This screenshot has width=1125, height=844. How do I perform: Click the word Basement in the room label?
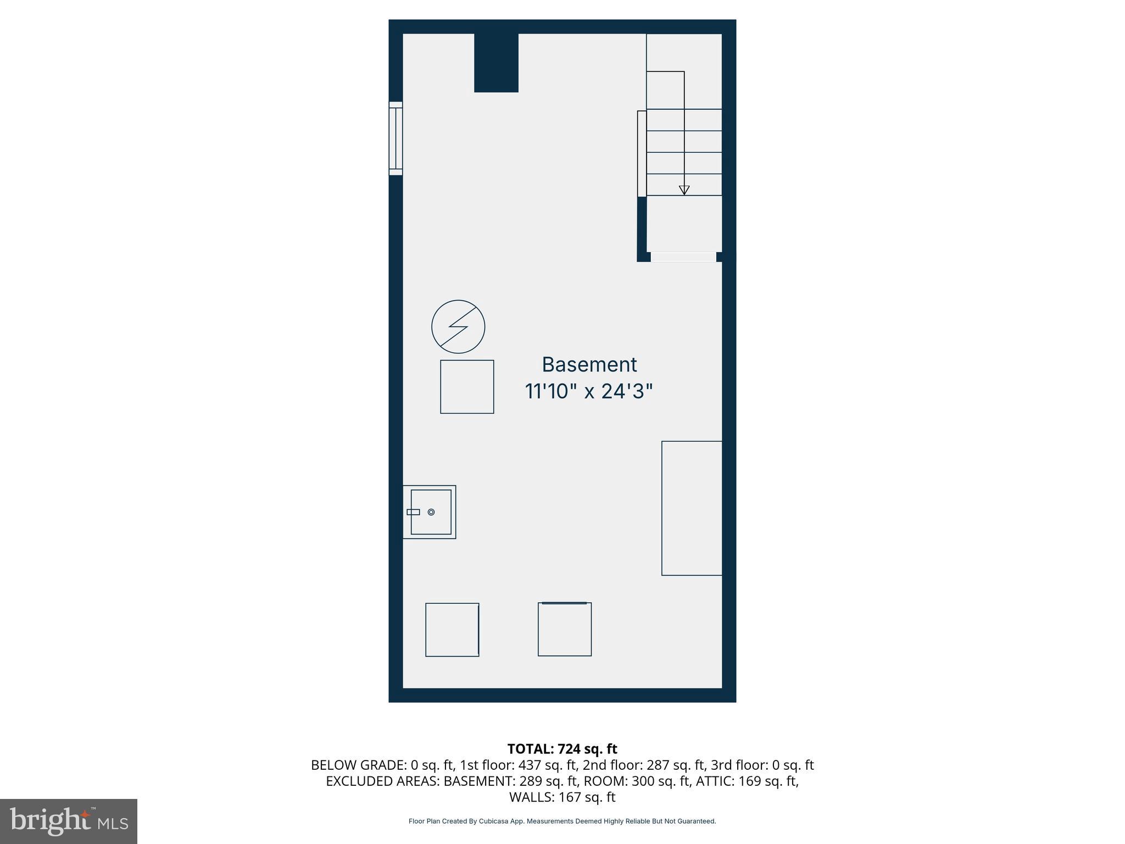(x=589, y=365)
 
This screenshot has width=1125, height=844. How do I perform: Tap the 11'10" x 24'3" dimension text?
(x=589, y=392)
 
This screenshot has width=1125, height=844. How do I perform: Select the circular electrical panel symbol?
(x=458, y=327)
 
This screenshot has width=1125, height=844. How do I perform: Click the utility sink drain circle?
(x=431, y=512)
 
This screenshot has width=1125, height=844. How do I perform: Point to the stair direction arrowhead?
(x=684, y=190)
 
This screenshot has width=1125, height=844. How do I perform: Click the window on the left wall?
(x=396, y=138)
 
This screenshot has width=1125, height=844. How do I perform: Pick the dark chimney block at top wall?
(x=496, y=63)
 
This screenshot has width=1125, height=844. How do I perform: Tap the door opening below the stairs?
(x=683, y=257)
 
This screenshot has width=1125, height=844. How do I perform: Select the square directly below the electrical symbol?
(x=467, y=387)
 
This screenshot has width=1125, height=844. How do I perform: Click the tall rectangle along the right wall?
(x=692, y=508)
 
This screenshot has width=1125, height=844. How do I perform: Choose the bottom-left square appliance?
(x=452, y=630)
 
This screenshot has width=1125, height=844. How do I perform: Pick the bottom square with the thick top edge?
(x=565, y=630)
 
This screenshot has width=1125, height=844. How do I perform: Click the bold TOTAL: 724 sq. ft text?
(x=562, y=749)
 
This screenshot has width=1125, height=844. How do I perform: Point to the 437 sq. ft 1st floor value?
(x=548, y=765)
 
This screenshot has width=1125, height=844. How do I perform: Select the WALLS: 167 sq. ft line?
(x=562, y=797)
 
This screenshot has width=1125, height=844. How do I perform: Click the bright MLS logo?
(x=69, y=821)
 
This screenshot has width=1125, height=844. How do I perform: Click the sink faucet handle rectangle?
(x=413, y=512)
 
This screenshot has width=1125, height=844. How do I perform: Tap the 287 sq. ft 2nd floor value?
(x=677, y=765)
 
